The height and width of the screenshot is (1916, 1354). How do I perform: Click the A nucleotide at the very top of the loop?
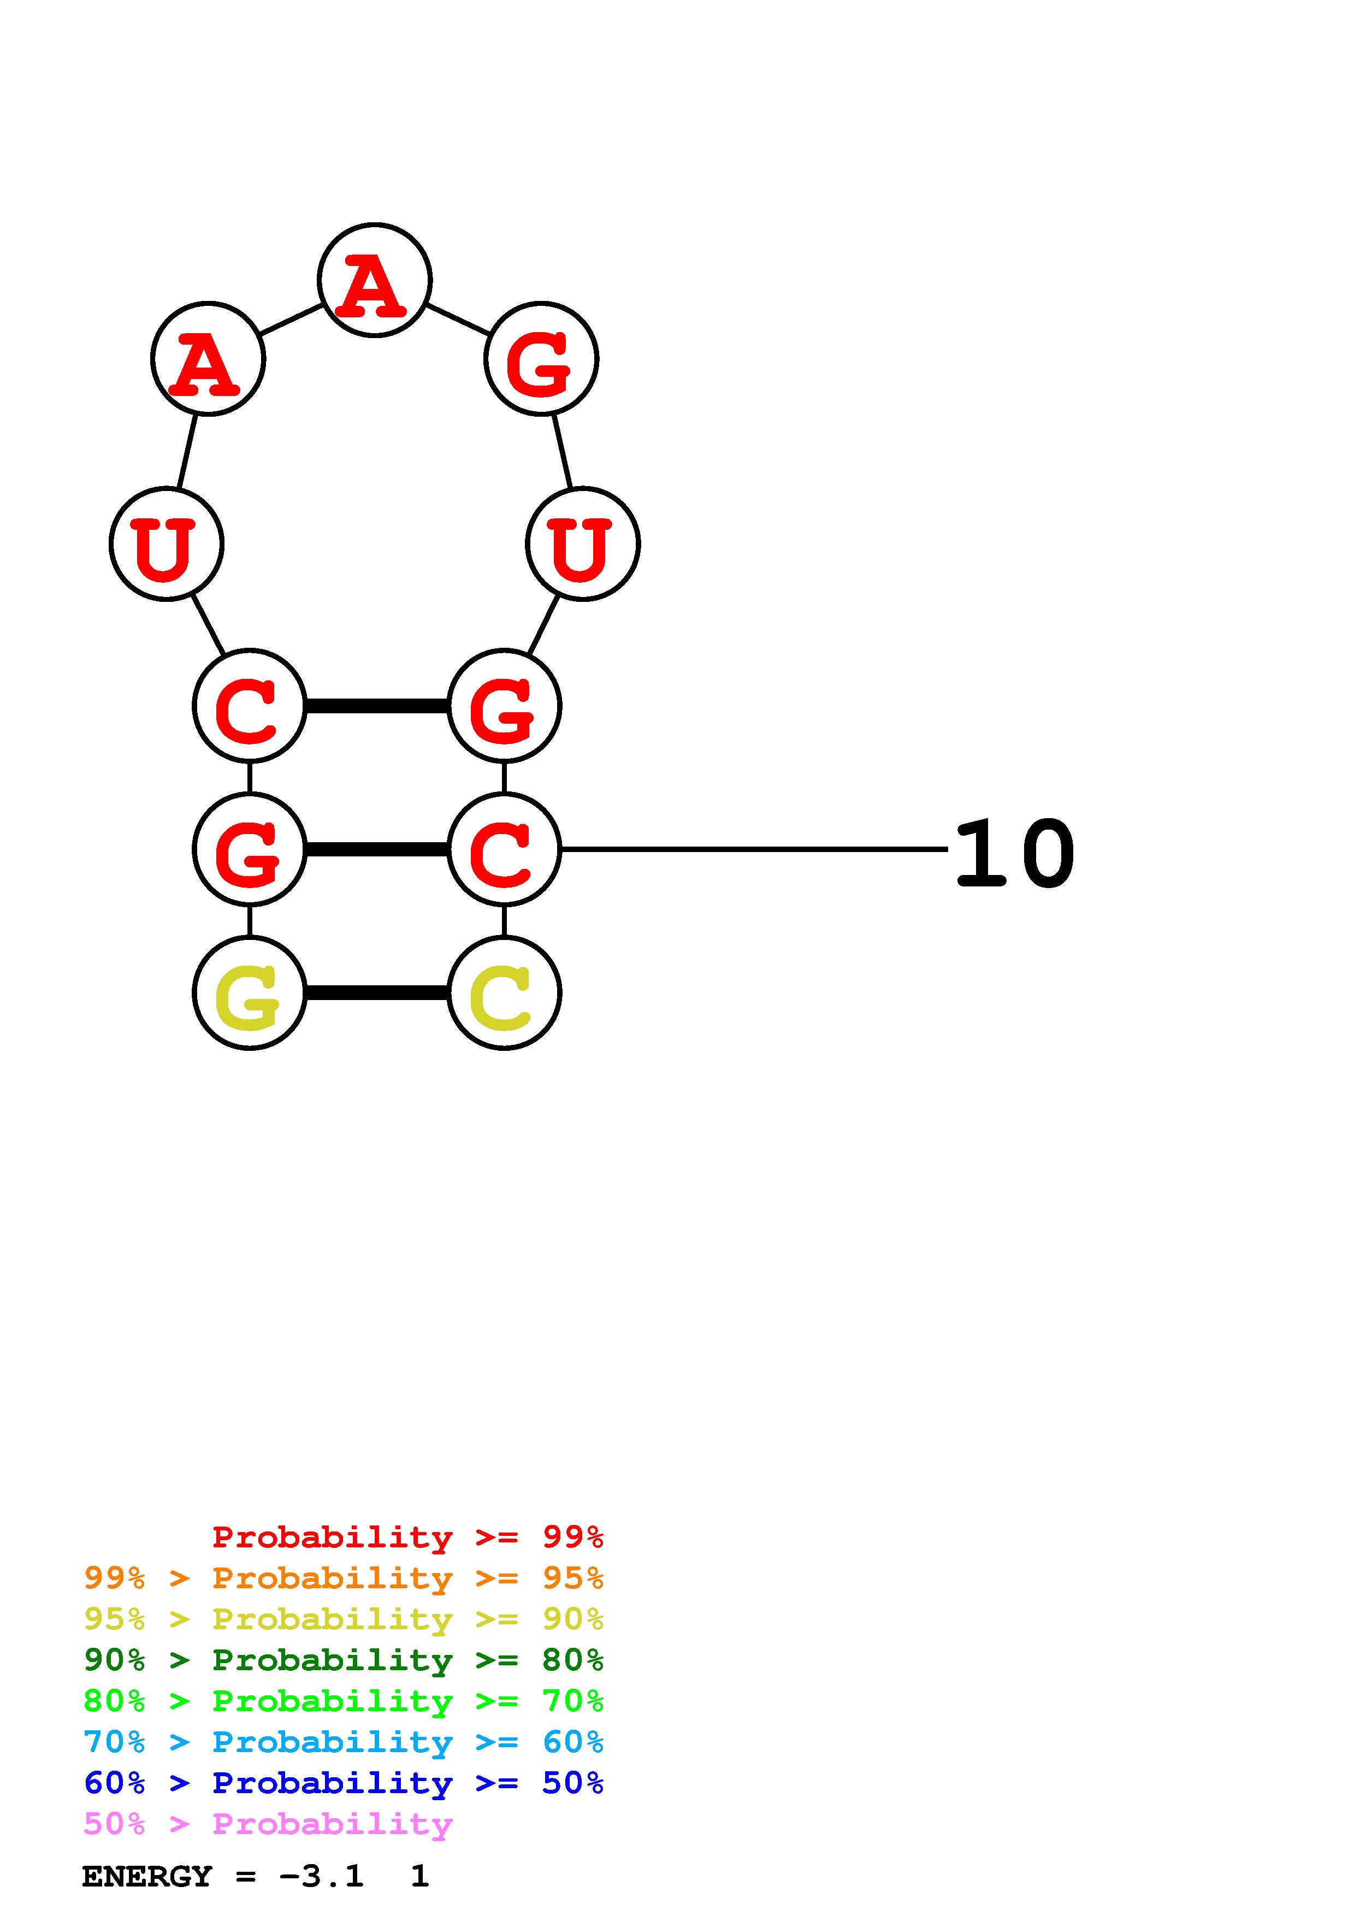click(375, 280)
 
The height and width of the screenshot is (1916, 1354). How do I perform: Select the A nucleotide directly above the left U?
click(208, 359)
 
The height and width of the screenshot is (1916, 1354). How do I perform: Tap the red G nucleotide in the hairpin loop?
click(541, 359)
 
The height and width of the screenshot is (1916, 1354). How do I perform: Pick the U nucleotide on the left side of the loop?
click(166, 544)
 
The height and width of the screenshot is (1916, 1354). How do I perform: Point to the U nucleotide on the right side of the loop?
click(582, 544)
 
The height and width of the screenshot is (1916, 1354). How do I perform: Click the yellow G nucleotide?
click(250, 993)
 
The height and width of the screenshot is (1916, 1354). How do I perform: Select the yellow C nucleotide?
click(504, 993)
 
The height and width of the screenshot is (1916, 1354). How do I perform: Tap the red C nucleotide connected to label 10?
click(504, 849)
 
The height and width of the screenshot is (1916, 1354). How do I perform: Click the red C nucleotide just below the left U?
click(250, 706)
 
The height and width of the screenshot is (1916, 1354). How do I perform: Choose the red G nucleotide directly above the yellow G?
click(250, 849)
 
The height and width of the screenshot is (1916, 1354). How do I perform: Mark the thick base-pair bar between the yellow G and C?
click(377, 993)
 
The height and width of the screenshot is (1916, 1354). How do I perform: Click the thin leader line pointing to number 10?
click(751, 849)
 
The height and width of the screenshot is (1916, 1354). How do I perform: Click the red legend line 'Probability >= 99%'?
click(407, 1537)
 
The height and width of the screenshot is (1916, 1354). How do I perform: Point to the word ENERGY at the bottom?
click(147, 1876)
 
